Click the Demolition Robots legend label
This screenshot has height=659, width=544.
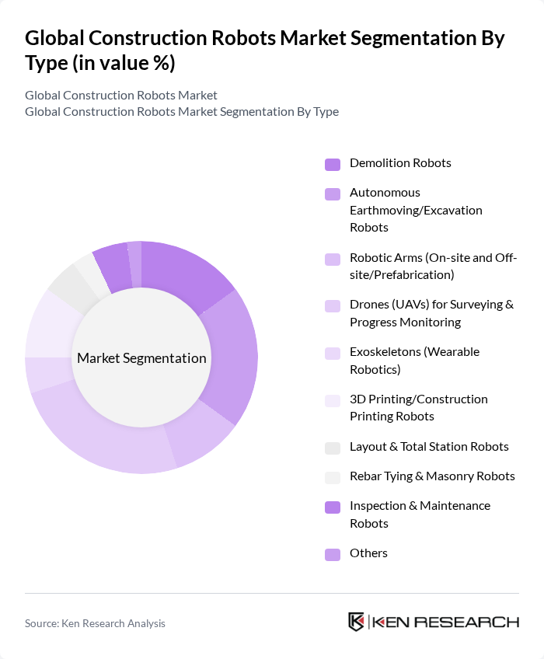400,163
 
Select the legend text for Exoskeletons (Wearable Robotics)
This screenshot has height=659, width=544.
414,361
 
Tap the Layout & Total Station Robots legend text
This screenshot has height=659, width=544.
429,447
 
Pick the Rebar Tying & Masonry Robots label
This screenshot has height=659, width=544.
432,476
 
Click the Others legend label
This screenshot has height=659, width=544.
368,553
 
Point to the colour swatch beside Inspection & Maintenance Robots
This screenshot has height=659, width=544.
333,507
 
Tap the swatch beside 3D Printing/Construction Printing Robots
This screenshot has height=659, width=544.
333,400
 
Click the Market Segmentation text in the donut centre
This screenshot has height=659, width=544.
141,358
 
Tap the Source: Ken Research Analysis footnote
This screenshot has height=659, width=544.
95,623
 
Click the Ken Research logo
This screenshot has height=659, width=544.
433,622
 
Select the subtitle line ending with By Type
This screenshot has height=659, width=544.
182,111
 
